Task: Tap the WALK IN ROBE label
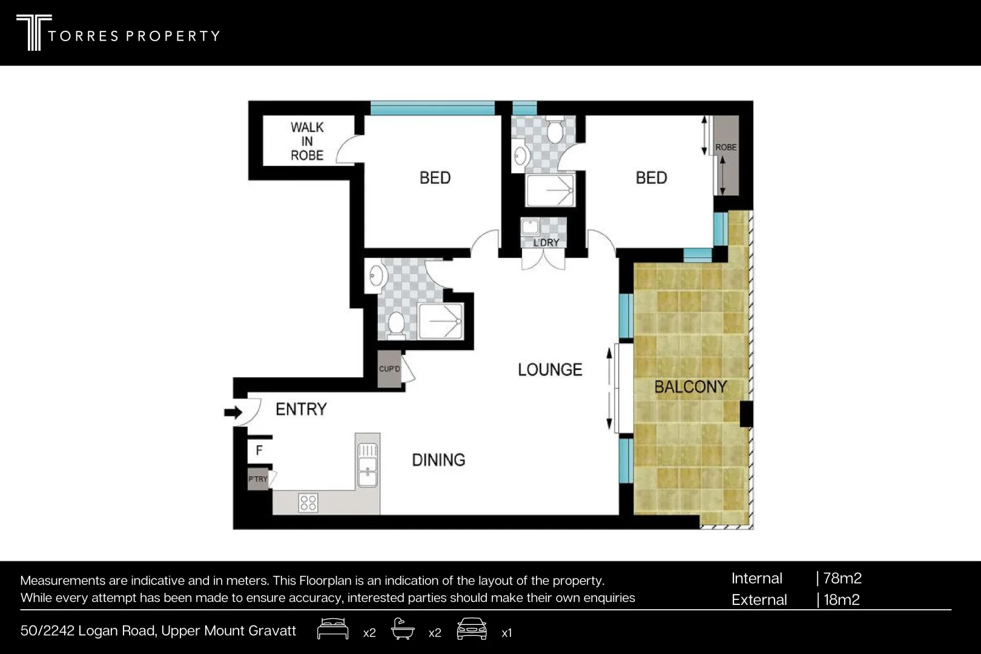coord(307,141)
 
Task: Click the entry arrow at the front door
coord(233,412)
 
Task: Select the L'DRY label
coord(546,242)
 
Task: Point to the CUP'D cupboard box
coord(389,369)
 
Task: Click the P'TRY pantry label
coord(258,479)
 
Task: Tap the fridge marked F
coord(259,450)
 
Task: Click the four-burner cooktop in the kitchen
coord(308,503)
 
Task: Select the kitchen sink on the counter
coord(367,465)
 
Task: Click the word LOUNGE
coord(550,369)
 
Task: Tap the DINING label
coord(438,460)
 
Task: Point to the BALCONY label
coord(690,387)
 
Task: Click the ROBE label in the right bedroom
coord(725,147)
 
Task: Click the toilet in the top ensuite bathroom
coord(555,131)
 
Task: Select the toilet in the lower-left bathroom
coord(396,323)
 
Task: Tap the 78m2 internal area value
coord(842,578)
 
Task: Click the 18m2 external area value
coord(842,600)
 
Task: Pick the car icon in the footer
coord(472,629)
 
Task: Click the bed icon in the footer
coord(332,629)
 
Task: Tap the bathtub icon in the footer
coord(403,629)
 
